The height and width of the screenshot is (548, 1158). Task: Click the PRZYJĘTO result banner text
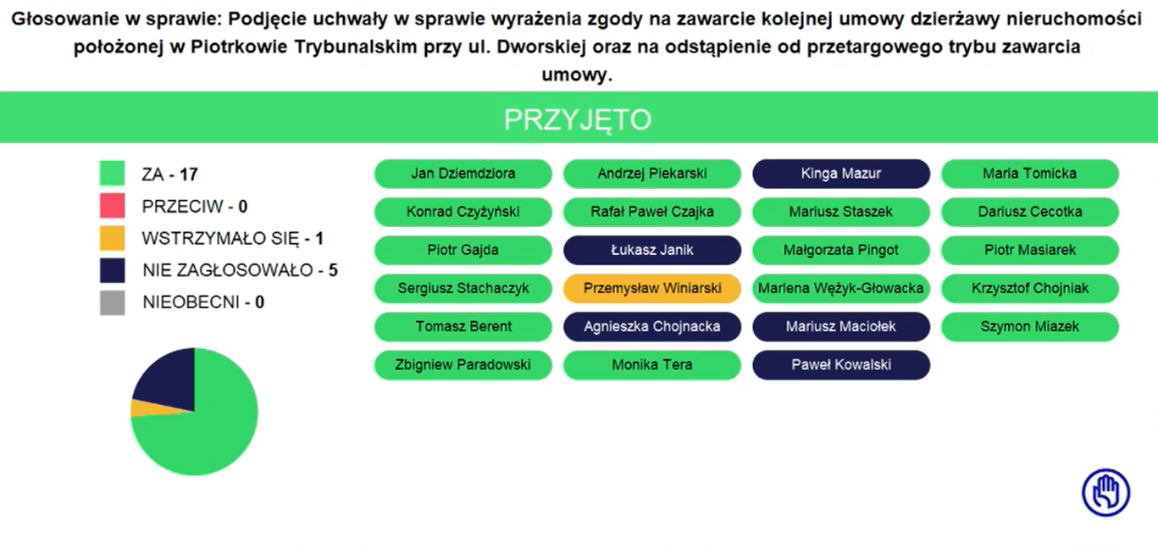[x=578, y=119]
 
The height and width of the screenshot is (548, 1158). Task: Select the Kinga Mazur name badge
[x=841, y=174]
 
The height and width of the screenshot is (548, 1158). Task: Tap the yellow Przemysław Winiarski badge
[x=652, y=289]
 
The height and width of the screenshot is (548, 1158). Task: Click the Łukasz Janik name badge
[x=652, y=250]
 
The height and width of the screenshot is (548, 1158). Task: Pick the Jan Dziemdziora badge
[x=463, y=174]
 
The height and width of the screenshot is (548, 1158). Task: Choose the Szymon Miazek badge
[x=1030, y=327]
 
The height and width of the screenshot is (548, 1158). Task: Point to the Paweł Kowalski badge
[x=841, y=365]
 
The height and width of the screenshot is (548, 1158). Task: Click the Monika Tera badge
[x=652, y=365]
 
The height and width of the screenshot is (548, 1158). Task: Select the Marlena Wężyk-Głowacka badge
[x=841, y=289]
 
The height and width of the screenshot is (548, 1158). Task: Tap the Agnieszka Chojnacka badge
[x=652, y=327]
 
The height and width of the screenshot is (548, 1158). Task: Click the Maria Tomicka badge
[x=1030, y=174]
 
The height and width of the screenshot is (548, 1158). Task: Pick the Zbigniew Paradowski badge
[x=463, y=365]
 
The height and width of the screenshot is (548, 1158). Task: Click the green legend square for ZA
[x=112, y=173]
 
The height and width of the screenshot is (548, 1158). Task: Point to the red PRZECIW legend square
[x=112, y=205]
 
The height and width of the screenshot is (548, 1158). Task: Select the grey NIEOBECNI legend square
[x=112, y=302]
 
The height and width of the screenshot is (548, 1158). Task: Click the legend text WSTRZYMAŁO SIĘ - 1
[x=233, y=239]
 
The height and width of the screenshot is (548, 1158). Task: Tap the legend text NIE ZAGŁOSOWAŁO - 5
[x=240, y=270]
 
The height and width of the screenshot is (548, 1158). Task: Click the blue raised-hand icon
[x=1105, y=493]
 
